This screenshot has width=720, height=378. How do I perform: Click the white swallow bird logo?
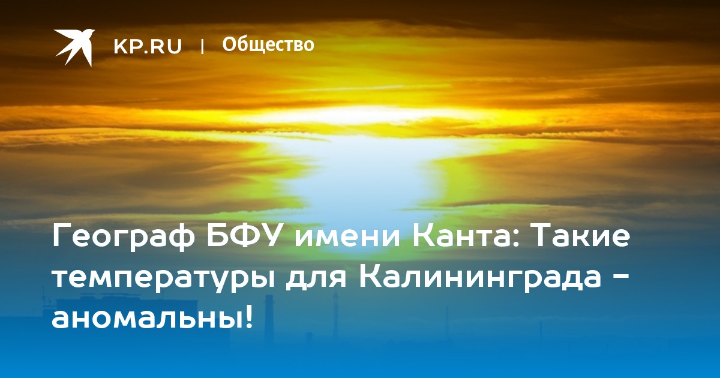click(x=74, y=47)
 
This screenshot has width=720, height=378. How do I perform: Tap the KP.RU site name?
click(x=148, y=46)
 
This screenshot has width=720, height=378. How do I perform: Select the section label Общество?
click(x=268, y=44)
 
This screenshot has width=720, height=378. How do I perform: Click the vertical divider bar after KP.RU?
click(x=202, y=47)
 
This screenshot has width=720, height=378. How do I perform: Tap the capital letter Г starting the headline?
click(x=62, y=236)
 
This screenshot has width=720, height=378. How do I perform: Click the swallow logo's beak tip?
click(x=95, y=31)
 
